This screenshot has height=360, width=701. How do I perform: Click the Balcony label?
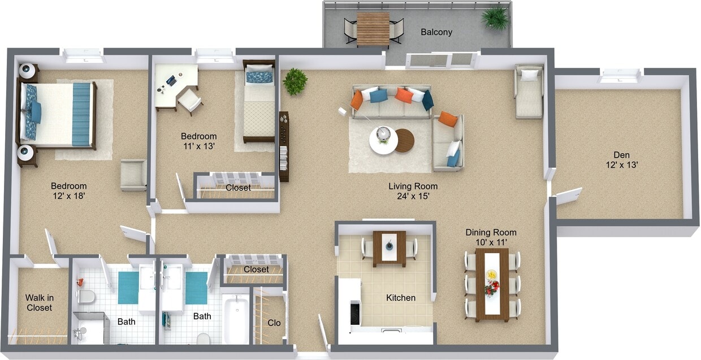(x=436, y=32)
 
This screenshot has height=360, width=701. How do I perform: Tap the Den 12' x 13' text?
(x=621, y=160)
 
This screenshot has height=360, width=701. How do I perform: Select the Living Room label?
(x=413, y=191)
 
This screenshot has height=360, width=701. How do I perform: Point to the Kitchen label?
(x=401, y=298)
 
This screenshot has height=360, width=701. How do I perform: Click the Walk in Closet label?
(x=39, y=302)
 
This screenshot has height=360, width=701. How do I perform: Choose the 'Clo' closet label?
(x=274, y=323)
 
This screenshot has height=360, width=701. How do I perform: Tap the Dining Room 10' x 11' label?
(x=491, y=237)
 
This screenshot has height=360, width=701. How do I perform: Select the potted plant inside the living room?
(x=295, y=81)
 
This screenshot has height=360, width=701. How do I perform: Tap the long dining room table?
(x=492, y=284)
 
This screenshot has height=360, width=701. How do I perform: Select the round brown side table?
(x=405, y=141)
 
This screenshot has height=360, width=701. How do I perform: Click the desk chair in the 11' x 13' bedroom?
(x=190, y=101)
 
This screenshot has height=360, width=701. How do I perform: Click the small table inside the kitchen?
(x=389, y=248)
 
